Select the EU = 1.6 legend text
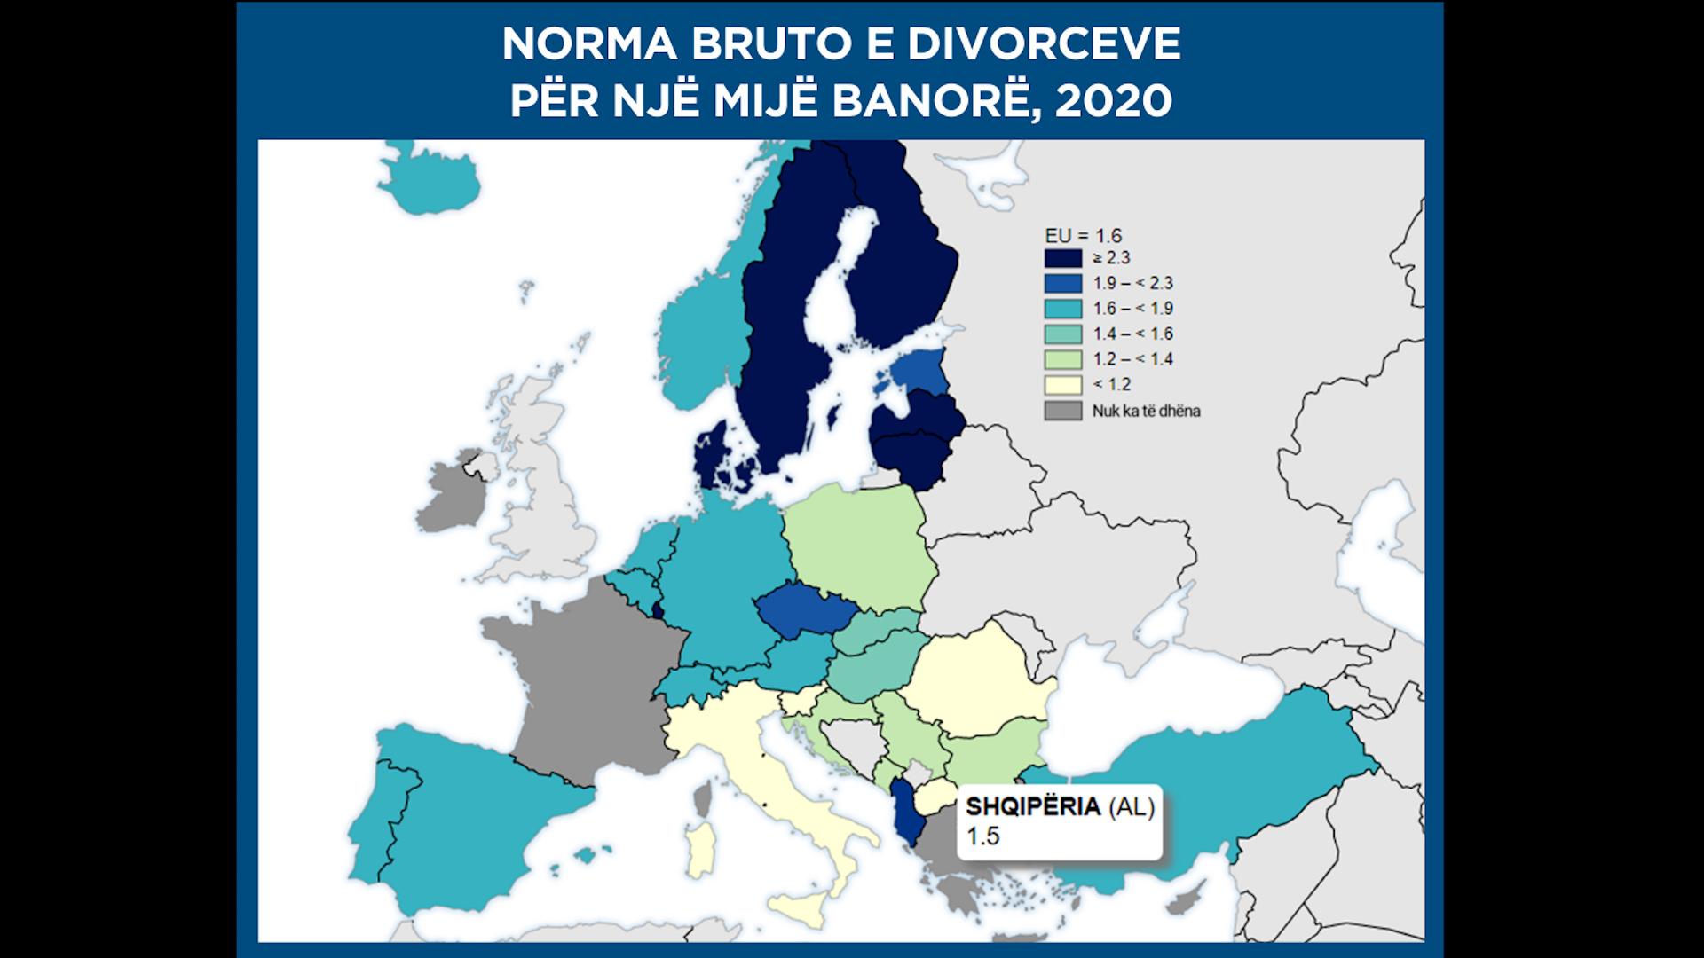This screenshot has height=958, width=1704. (x=1083, y=235)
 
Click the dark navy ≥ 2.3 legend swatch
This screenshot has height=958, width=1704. (x=1062, y=258)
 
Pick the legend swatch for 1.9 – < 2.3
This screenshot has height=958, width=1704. (x=1062, y=283)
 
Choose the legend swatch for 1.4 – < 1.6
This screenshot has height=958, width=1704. (x=1062, y=334)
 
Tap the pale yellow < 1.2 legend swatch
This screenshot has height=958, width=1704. (x=1062, y=384)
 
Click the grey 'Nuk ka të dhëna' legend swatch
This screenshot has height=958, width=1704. (x=1062, y=411)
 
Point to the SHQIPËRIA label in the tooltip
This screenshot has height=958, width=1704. (x=1033, y=807)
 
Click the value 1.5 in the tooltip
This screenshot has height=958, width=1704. (x=982, y=836)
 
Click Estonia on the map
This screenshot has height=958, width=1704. (x=919, y=373)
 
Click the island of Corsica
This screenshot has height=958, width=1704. (x=702, y=798)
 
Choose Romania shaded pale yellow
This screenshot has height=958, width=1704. (x=981, y=679)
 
